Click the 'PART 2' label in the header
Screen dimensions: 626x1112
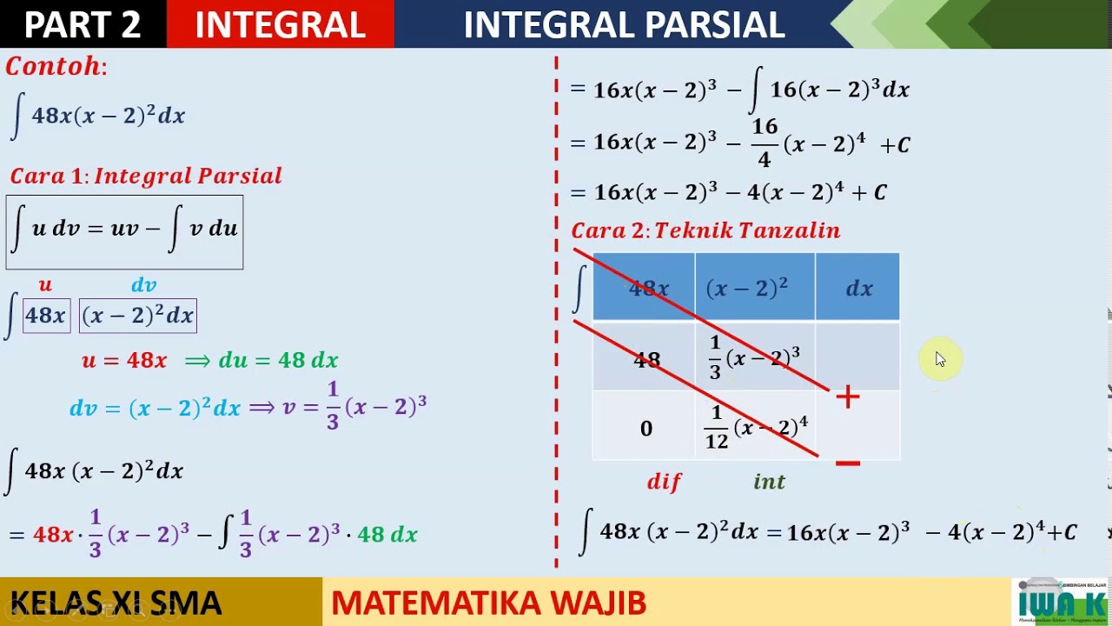[x=83, y=24]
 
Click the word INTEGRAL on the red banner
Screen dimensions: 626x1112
[x=280, y=24]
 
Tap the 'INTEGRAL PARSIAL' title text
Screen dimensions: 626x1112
[x=624, y=24]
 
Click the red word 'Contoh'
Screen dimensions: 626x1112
[x=54, y=67]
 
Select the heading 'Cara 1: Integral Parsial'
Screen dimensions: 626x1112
[x=146, y=176]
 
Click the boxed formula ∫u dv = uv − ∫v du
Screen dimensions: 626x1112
[x=124, y=231]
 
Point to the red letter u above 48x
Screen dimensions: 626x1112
[x=45, y=285]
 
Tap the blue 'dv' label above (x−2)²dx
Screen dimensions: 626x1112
[x=143, y=285]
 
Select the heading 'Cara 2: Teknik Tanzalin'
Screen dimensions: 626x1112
[x=705, y=230]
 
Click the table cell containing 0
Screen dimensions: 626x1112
[x=645, y=428]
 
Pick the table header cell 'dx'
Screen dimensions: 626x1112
[x=858, y=289]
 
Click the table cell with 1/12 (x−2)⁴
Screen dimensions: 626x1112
[x=755, y=428]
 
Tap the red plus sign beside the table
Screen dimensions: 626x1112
[x=848, y=397]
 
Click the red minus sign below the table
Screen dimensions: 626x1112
[x=847, y=463]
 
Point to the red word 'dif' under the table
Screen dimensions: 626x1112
[x=665, y=482]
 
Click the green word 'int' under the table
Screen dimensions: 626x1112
[x=769, y=482]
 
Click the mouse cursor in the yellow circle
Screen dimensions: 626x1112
[x=941, y=359]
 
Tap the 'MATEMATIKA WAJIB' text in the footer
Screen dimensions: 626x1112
[x=488, y=603]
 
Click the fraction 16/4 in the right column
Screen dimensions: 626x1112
[x=764, y=143]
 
